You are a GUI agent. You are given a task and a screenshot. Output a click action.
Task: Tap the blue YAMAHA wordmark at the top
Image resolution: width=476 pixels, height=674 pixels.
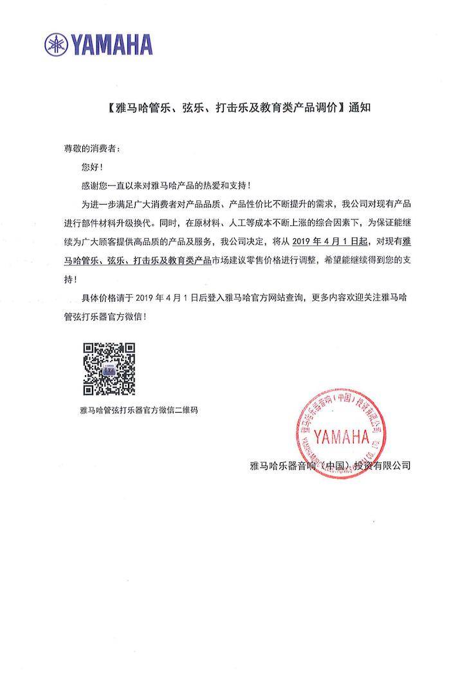coord(111,44)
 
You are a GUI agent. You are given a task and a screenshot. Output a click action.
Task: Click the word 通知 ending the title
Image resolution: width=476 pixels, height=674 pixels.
coord(360,108)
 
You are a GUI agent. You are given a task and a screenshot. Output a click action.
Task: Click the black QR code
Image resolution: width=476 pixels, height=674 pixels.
coord(109,369)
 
